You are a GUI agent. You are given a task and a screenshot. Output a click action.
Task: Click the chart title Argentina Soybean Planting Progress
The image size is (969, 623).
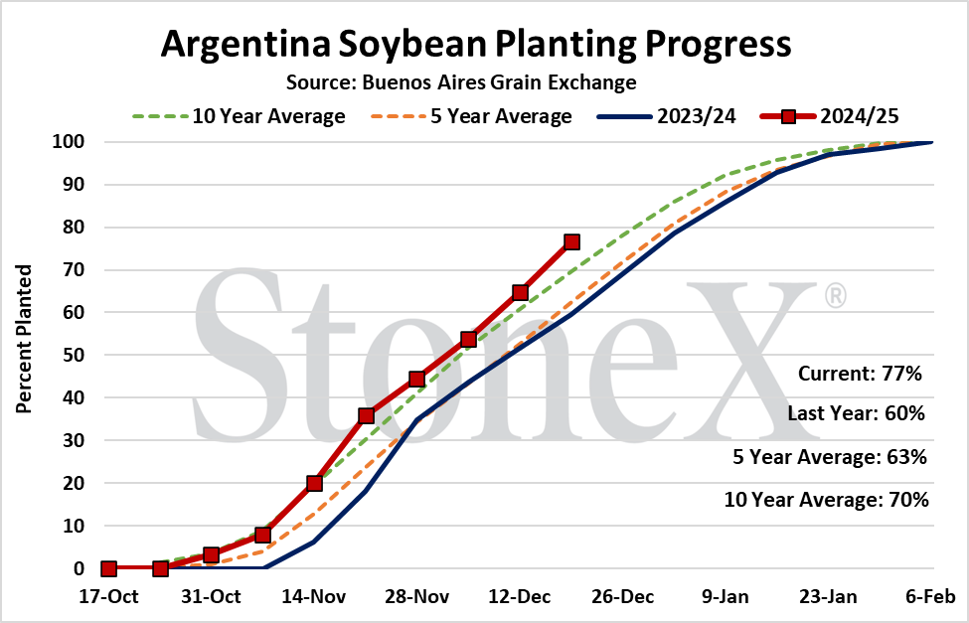pos(476,44)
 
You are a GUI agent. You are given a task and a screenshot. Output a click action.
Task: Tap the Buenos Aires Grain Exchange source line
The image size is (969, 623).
pos(461,82)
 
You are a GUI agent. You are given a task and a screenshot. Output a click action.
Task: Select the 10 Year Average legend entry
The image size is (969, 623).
pos(239,116)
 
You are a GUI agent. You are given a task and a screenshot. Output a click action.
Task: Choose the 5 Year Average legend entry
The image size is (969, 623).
pos(471,116)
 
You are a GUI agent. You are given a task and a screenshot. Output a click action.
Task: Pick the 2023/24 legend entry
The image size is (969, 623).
pos(667,116)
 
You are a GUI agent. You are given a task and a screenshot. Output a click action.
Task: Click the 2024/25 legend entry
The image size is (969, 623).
pos(830,116)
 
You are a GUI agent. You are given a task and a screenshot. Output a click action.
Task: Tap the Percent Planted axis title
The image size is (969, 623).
pos(24,339)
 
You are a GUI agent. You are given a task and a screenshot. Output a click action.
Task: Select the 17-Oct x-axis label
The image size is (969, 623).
pos(108,597)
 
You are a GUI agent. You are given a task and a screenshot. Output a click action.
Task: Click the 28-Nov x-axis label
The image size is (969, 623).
pos(417,597)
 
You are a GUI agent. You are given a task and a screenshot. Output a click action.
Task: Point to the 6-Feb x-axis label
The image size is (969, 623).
pos(930,597)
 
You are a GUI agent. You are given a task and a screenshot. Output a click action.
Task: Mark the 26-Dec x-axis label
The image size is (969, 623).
pos(623,597)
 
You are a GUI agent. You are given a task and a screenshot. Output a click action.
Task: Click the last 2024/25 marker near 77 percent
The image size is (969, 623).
pos(571,241)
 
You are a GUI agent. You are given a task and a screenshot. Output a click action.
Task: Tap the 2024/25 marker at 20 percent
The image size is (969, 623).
pos(315,483)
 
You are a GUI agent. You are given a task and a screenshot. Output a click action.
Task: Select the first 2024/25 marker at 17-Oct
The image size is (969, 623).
pos(108,568)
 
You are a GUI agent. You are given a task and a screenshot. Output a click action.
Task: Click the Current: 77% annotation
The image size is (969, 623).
pos(860,374)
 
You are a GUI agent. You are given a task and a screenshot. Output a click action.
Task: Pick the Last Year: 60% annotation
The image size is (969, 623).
pos(856,413)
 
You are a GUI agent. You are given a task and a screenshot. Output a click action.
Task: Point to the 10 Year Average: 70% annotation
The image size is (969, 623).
pos(826,499)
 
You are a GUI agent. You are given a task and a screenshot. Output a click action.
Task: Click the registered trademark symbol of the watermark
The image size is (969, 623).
pos(836,296)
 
